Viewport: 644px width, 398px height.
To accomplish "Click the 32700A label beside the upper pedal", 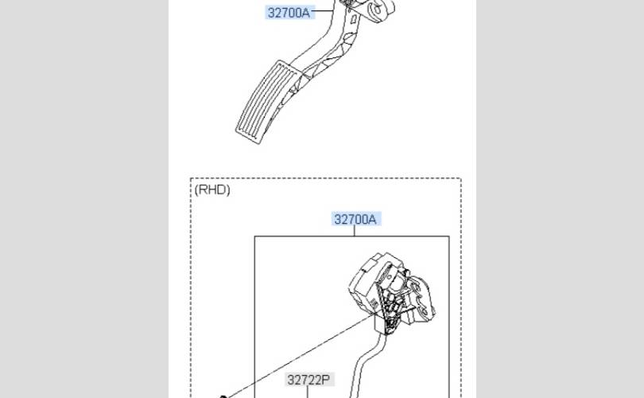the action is coord(289,13).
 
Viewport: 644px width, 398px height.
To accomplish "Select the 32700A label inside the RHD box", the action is coord(355,219).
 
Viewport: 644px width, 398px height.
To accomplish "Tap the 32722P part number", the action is coord(308,380).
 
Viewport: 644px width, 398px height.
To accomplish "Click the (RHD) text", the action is coord(212,189).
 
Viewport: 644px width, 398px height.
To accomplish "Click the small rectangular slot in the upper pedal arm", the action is coord(353,19).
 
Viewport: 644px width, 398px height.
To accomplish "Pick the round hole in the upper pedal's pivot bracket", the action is coord(376,8).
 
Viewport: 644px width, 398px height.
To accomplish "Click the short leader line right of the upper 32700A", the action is coord(323,10).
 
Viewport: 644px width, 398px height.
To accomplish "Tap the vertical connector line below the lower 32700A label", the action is coord(354,231).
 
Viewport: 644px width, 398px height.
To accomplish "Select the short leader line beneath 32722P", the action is coord(307,392).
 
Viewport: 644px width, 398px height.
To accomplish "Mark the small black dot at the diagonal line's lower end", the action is coord(223,396).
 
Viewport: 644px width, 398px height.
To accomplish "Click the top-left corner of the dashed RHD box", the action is coord(191,178).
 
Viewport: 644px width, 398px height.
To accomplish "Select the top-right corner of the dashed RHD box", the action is coord(461,178).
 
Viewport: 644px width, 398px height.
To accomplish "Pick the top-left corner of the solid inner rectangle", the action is coord(254,236).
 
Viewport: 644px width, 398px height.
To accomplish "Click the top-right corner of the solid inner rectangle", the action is coord(449,236).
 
